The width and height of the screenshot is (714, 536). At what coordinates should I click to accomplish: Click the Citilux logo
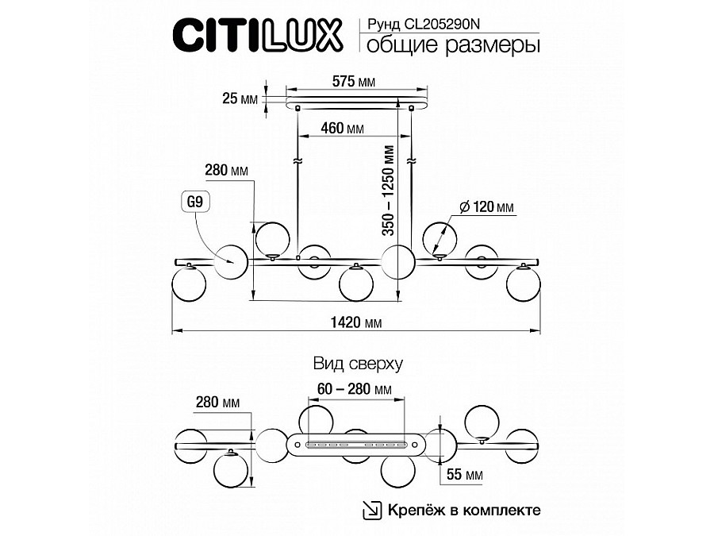[x=257, y=35]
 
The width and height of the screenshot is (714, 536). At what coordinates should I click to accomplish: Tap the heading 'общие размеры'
[x=454, y=45]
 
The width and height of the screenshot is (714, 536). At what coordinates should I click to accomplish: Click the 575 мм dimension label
[x=354, y=82]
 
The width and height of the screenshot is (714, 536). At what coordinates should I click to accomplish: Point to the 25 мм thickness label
[x=240, y=98]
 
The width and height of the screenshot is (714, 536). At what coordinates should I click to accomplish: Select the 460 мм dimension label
[x=343, y=128]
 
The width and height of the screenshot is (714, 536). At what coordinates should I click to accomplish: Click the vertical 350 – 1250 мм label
[x=389, y=191]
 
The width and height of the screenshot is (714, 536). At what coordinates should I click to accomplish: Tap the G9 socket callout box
[x=195, y=202]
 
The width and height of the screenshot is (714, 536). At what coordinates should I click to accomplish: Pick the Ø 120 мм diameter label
[x=486, y=207]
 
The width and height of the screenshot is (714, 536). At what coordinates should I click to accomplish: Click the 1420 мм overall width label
[x=356, y=322]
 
